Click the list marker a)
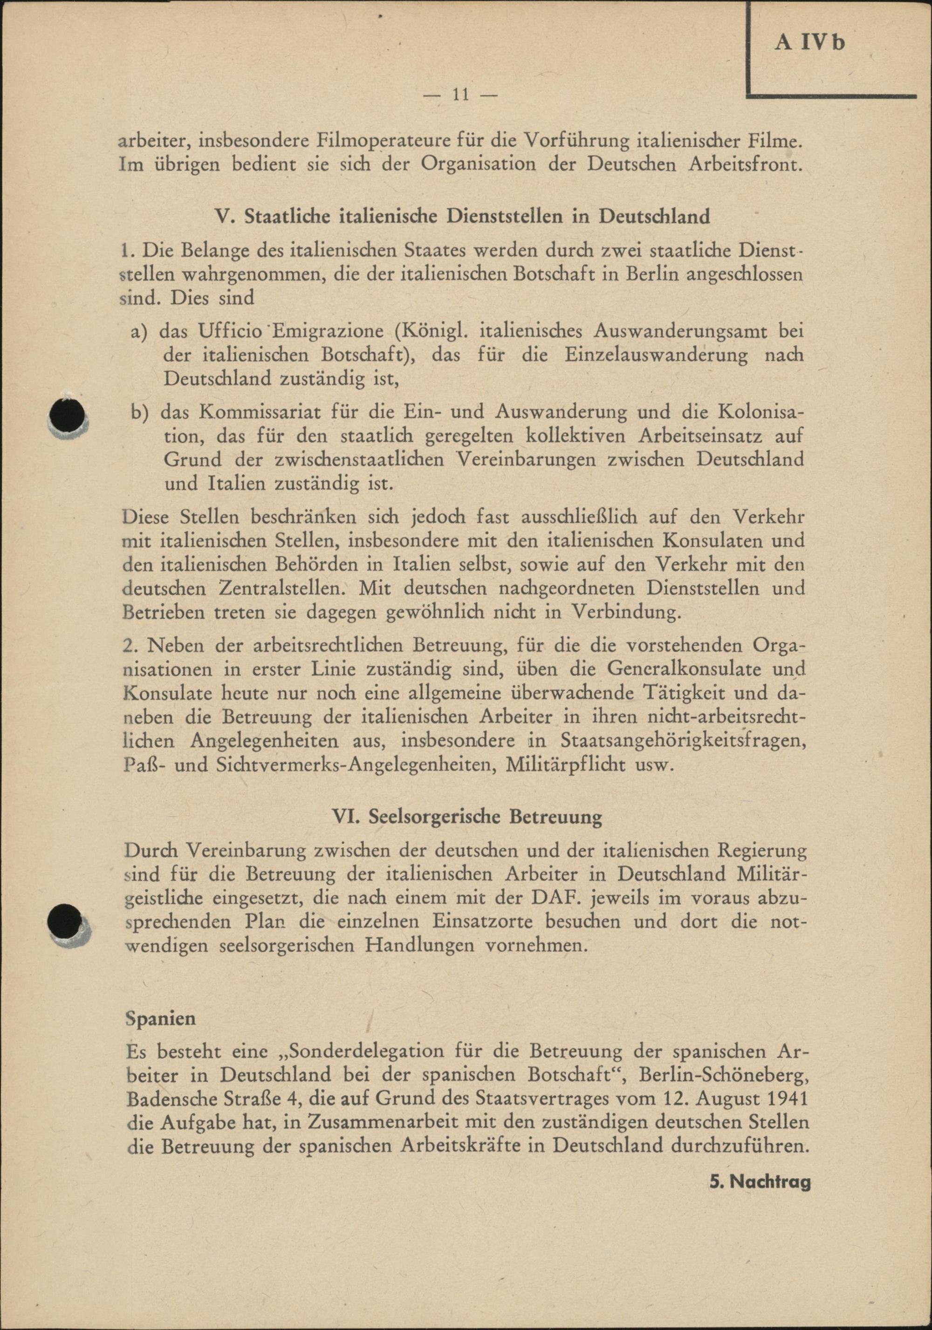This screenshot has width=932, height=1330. click(140, 332)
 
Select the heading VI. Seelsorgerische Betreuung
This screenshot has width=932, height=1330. click(467, 817)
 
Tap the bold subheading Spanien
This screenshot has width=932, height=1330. click(161, 1018)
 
